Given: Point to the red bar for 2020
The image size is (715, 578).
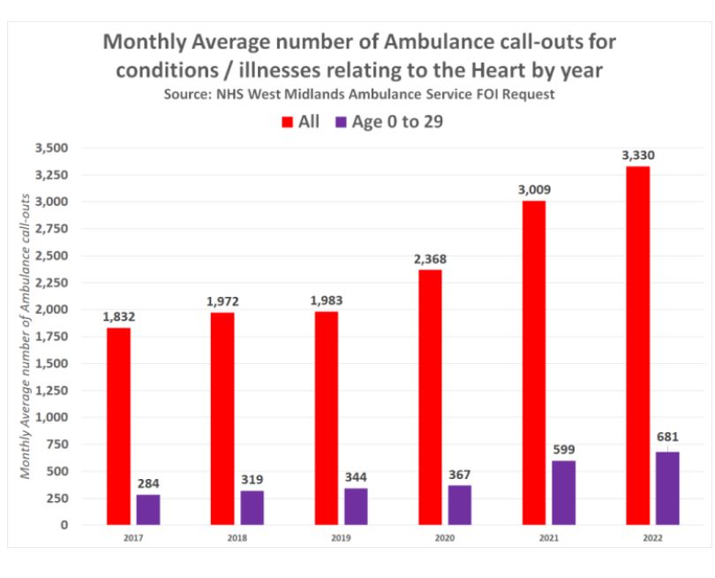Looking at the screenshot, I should (429, 397).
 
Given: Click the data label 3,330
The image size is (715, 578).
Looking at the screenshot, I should (636, 156).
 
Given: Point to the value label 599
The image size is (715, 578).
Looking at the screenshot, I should (562, 449).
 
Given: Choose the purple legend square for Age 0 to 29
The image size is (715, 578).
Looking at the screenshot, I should (339, 123).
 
